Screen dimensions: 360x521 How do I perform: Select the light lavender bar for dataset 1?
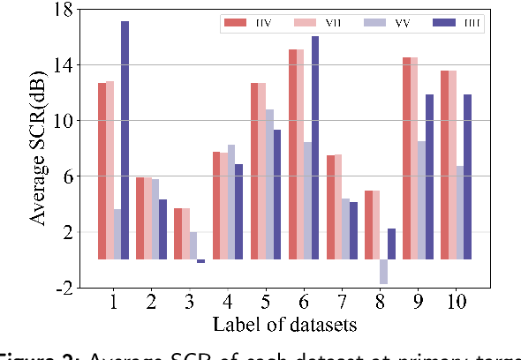click(117, 234)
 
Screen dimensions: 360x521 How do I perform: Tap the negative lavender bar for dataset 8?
click(384, 272)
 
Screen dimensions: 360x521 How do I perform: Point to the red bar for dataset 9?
click(407, 159)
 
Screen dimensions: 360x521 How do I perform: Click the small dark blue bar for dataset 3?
click(200, 261)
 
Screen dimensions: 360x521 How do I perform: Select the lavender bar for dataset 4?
click(231, 202)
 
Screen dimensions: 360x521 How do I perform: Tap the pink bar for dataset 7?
click(338, 206)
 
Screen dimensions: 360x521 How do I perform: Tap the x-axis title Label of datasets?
click(284, 325)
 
